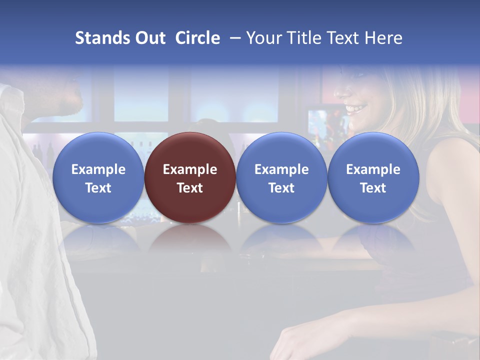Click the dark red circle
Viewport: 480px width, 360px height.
coord(190,177)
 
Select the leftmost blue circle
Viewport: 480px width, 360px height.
coord(98,177)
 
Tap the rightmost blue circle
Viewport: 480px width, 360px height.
coord(373,177)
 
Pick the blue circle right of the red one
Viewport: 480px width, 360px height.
coord(281,177)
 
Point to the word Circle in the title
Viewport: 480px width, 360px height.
coord(197,38)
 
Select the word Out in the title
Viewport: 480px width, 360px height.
coord(150,38)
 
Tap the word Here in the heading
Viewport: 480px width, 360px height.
coord(383,38)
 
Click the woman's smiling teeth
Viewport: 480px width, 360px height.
coord(356,107)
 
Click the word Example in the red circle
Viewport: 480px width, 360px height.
coord(190,169)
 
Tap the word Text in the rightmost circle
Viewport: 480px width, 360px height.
coord(373,188)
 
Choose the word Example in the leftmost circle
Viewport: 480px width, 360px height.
coord(98,169)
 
